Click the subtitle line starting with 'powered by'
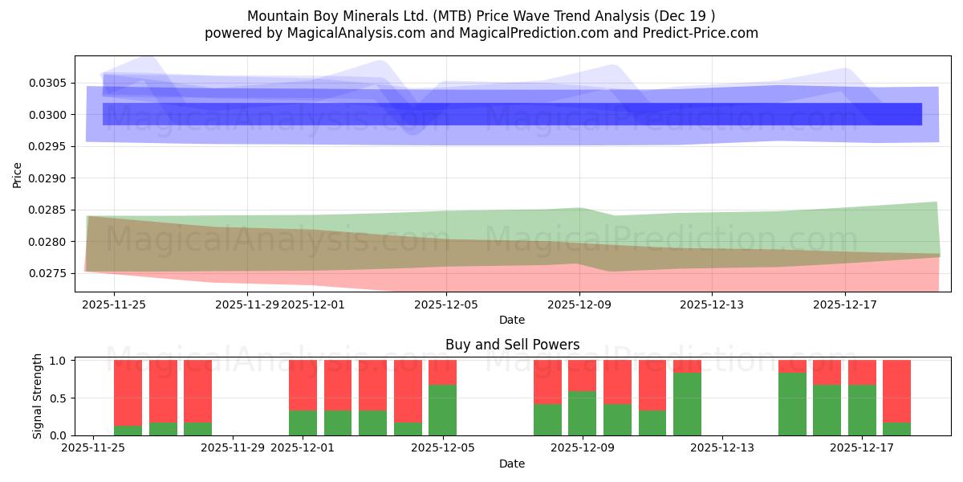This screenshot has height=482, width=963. tap(481, 33)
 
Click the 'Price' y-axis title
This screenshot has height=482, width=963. tap(18, 174)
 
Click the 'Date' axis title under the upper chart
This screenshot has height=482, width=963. tap(512, 320)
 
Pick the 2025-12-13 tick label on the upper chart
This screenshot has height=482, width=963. tap(711, 304)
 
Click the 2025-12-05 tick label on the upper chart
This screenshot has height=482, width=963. tap(446, 304)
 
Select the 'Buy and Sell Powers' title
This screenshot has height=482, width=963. tap(512, 345)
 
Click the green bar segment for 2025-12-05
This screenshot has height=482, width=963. tap(442, 411)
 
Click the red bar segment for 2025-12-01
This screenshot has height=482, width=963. tap(303, 386)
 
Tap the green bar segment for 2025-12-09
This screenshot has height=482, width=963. tap(582, 414)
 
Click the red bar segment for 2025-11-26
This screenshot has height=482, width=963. tap(128, 393)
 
